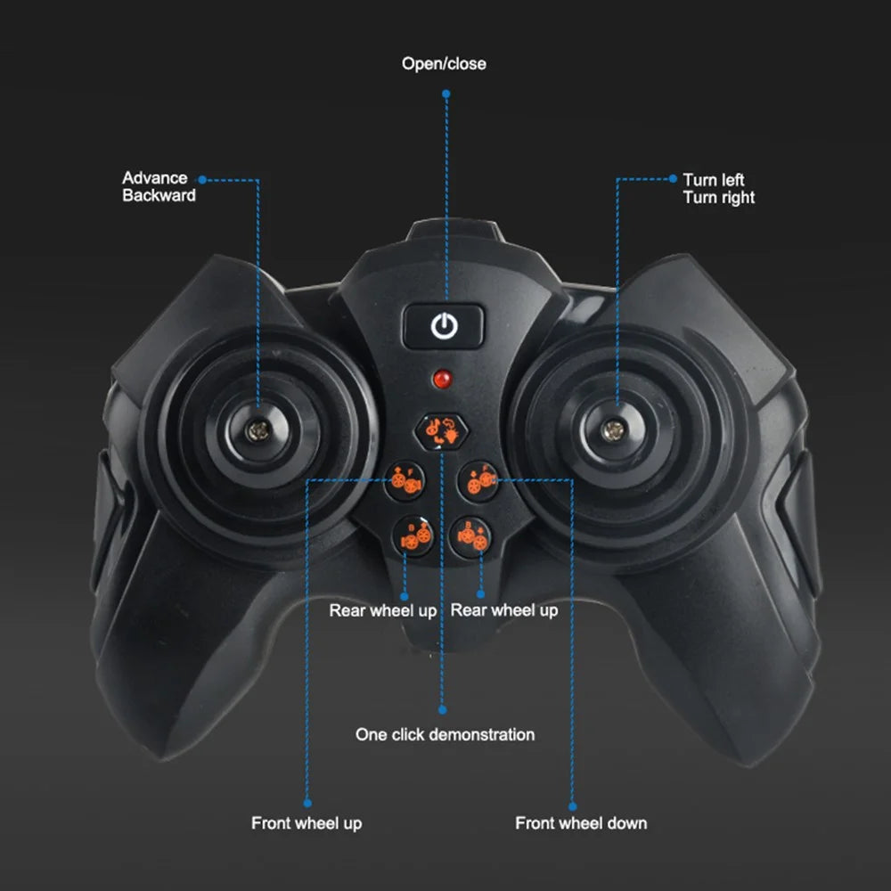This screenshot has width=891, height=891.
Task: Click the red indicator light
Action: point(442,379)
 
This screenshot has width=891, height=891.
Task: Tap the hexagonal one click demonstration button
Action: point(442,431)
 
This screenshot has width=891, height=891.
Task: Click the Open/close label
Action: point(444,63)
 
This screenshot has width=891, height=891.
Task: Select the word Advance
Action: point(154,178)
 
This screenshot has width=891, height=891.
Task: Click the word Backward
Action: point(159,195)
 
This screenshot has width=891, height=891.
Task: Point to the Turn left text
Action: point(713,180)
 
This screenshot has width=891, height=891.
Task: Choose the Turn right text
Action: point(719,198)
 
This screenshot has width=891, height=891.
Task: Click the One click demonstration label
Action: point(445,734)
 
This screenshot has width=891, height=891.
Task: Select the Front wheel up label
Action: point(307,822)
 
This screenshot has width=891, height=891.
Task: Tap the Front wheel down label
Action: point(581,822)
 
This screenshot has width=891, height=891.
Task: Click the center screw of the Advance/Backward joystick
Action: point(257,430)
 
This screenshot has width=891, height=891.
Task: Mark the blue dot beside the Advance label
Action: point(201,180)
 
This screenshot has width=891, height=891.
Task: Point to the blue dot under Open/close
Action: point(446,94)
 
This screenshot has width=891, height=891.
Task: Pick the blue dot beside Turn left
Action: point(673,178)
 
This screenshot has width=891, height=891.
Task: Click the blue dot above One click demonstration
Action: point(443,710)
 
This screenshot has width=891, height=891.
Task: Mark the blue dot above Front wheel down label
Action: point(572,806)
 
